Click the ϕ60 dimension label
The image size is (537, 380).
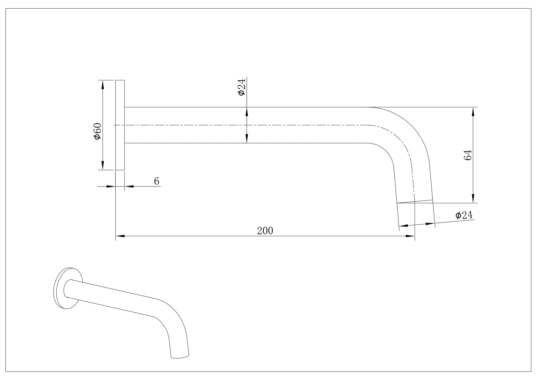pos(97,131)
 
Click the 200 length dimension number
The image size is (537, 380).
pos(265,231)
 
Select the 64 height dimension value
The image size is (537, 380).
pos(467,155)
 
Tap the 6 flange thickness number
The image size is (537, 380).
pos(157,181)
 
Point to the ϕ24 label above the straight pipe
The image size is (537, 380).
pos(241,87)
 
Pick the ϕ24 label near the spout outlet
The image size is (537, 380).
pos(464,215)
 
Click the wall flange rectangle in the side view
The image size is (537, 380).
pos(120,125)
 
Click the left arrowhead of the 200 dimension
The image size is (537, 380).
pos(120,236)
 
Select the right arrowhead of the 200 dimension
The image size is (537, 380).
pos(410,236)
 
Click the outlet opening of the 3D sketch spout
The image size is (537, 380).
pos(180,357)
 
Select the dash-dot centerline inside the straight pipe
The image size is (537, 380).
pos(242,125)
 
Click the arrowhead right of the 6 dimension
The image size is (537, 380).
pos(129,186)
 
